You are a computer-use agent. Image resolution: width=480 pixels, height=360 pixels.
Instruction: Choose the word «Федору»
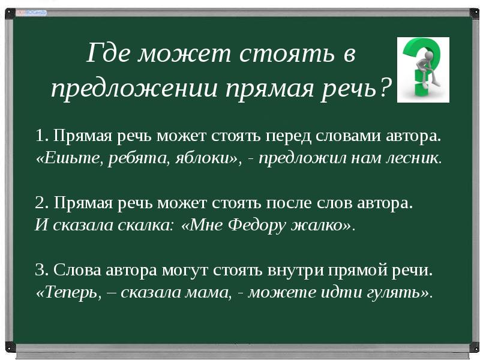click(x=262, y=226)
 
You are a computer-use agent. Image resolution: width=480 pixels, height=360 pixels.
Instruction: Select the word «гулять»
click(x=394, y=293)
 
